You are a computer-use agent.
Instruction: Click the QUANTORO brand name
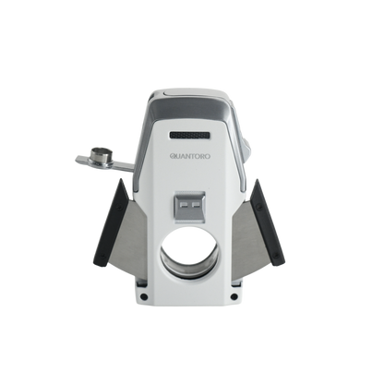190,156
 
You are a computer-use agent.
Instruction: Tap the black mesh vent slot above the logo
190,135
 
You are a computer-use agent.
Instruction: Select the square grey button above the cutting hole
190,207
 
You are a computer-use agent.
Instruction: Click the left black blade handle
111,222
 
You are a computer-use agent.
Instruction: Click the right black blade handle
267,222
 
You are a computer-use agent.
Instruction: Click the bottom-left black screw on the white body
143,296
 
